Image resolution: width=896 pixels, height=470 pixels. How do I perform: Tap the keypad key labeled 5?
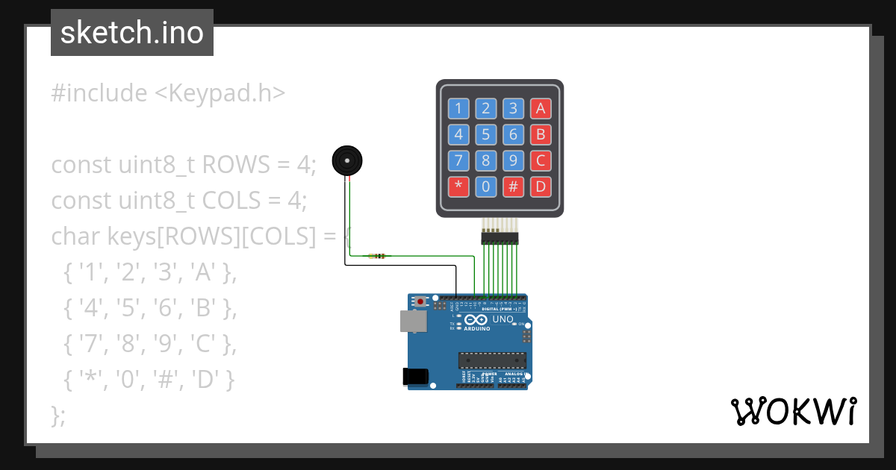click(x=485, y=134)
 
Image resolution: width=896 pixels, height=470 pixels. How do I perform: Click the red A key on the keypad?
click(x=541, y=109)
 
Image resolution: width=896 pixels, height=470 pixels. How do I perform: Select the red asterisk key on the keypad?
click(x=458, y=186)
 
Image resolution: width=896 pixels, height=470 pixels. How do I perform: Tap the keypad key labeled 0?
click(x=485, y=186)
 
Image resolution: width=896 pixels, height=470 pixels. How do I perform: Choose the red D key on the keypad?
click(x=541, y=186)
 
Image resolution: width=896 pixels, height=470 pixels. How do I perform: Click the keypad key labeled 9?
click(x=513, y=160)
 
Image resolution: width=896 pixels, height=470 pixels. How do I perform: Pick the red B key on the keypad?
click(x=541, y=134)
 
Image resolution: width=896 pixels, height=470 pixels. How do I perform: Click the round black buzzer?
click(x=347, y=160)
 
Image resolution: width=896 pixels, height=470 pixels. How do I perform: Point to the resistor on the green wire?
click(x=376, y=257)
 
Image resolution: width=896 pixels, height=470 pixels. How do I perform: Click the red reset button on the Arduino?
click(x=421, y=302)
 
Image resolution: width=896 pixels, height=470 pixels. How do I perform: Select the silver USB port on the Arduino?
click(x=413, y=321)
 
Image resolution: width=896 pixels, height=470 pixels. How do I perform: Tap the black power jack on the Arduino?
click(x=415, y=377)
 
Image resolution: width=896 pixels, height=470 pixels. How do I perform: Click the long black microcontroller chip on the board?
click(x=492, y=360)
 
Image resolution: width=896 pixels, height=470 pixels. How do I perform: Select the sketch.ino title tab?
click(x=132, y=33)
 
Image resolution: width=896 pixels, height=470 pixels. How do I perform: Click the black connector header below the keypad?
click(x=500, y=238)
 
